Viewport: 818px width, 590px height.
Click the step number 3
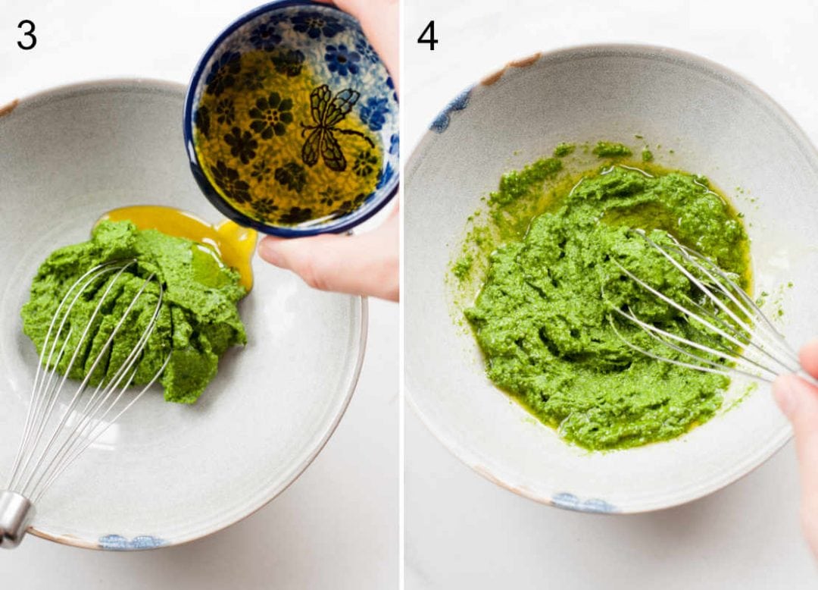tap(27, 35)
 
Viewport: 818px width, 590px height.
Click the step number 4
tap(427, 35)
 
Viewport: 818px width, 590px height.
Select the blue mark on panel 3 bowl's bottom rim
tap(133, 541)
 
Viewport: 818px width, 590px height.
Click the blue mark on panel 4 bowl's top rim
tap(450, 111)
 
